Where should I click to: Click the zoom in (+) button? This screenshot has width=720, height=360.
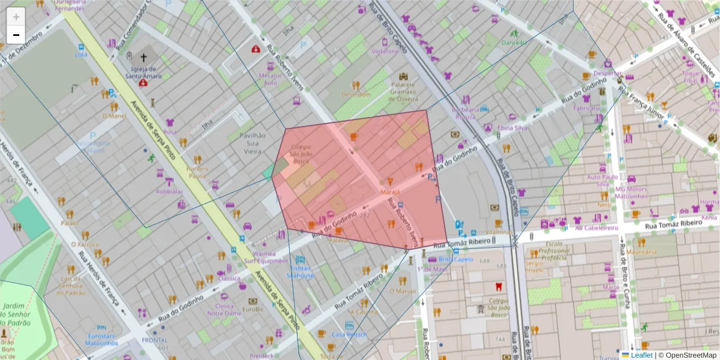(x=16, y=17)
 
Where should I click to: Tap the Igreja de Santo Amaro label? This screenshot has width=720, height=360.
(x=143, y=72)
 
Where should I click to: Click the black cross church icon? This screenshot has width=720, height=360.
(x=143, y=58)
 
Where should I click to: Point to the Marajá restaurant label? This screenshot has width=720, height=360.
(x=390, y=192)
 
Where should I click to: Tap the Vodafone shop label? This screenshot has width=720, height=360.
(x=385, y=51)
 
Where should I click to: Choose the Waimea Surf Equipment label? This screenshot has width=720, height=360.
(x=266, y=257)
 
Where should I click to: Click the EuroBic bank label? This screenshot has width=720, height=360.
(x=253, y=310)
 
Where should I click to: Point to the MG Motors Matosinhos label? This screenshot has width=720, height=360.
(x=631, y=193)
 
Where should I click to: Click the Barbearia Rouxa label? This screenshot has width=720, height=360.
(x=466, y=113)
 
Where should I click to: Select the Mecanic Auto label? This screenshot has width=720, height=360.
(x=269, y=79)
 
